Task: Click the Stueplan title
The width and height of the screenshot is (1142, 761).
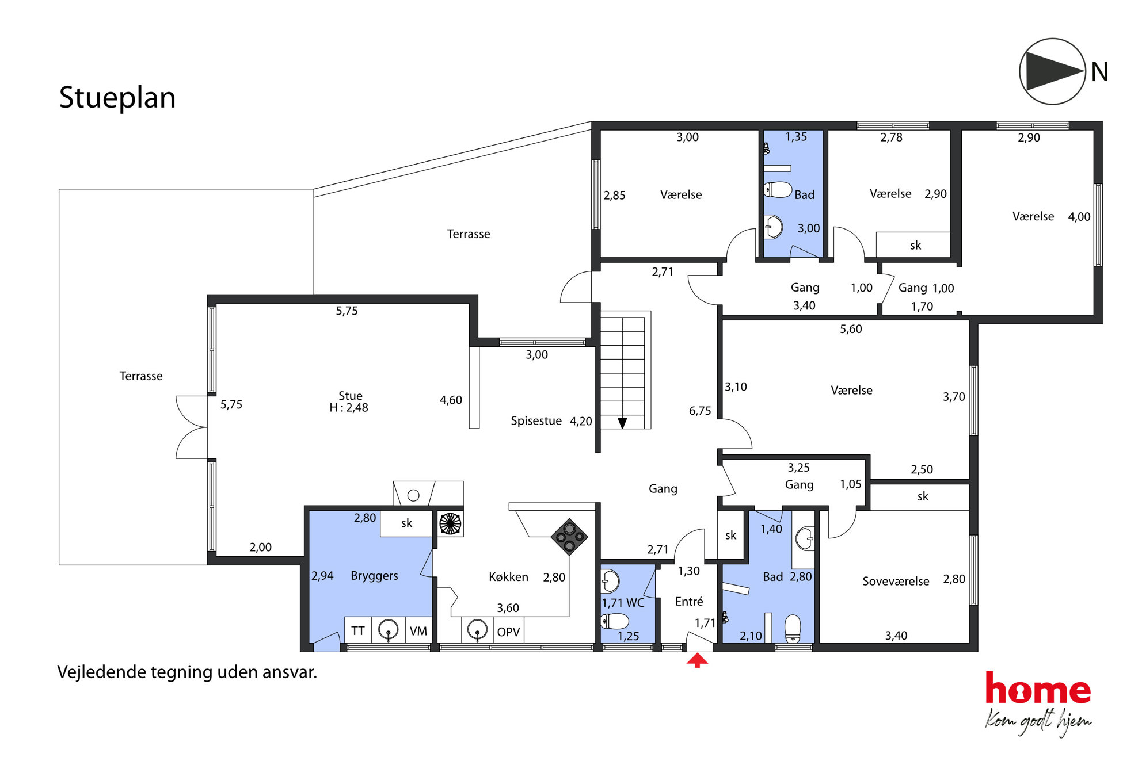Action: pyautogui.click(x=117, y=98)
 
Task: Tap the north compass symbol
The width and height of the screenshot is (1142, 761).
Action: pyautogui.click(x=1052, y=71)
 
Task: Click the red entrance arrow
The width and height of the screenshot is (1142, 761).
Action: pyautogui.click(x=697, y=660)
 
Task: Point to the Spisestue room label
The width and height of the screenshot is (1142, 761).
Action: pyautogui.click(x=536, y=420)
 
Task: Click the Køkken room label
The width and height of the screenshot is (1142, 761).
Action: pyautogui.click(x=508, y=577)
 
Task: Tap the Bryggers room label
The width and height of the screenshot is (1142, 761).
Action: pyautogui.click(x=374, y=576)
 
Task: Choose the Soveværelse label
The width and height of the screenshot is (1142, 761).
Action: pyautogui.click(x=896, y=581)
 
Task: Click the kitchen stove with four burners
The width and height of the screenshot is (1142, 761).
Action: pyautogui.click(x=569, y=537)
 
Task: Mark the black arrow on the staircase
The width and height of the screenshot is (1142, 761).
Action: pyautogui.click(x=622, y=423)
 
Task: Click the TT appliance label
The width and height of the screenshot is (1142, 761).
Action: pyautogui.click(x=357, y=631)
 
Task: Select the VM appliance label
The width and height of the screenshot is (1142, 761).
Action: pyautogui.click(x=418, y=631)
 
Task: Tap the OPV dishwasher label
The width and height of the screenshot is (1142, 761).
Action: pyautogui.click(x=508, y=632)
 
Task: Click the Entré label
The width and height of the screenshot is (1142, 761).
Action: pyautogui.click(x=689, y=601)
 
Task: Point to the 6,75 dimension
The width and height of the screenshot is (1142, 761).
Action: pyautogui.click(x=700, y=411)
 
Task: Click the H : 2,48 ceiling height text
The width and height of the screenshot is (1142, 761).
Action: pyautogui.click(x=349, y=408)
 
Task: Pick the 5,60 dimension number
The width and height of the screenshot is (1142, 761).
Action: pyautogui.click(x=851, y=329)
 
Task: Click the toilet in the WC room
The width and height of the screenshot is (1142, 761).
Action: pyautogui.click(x=615, y=621)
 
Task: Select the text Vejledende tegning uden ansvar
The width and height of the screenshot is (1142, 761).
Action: pyautogui.click(x=187, y=672)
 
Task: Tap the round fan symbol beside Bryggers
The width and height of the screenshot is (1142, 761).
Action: pyautogui.click(x=450, y=524)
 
